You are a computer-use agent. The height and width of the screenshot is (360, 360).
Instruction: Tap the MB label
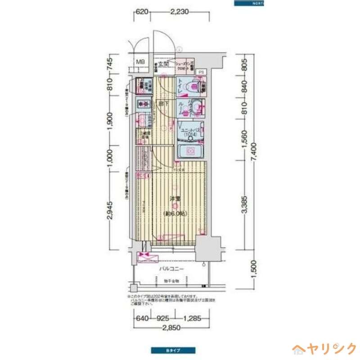[x=140, y=62]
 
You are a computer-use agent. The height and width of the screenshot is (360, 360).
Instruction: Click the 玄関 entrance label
[x=163, y=64]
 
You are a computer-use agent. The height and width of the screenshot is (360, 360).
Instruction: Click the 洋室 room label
[x=175, y=198]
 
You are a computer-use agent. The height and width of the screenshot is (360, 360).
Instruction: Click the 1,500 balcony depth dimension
[x=255, y=269]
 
